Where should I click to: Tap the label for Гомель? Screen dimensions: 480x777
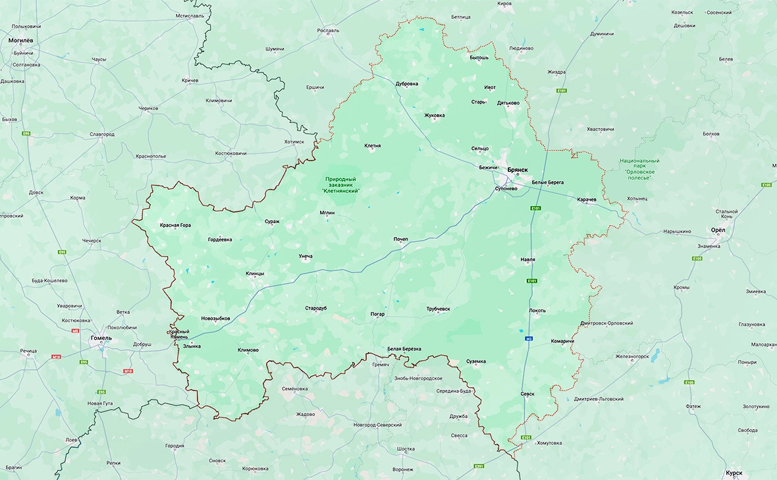[x=101, y=338]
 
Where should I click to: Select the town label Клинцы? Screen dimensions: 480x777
[x=255, y=273]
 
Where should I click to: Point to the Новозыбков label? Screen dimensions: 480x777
[x=216, y=318]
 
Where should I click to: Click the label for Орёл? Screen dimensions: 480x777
[x=718, y=230]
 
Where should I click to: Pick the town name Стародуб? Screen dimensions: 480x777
[x=316, y=308]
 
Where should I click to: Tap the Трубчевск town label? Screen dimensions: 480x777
[x=438, y=308]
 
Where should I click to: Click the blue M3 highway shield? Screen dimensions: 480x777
[x=528, y=339]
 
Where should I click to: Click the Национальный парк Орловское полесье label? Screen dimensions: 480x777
[x=639, y=169]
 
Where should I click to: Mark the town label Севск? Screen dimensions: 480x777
[x=527, y=394]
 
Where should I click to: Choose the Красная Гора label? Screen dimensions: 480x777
[x=175, y=225]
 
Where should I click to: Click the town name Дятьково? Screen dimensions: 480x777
[x=508, y=103]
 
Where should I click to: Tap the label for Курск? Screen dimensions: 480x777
[x=734, y=473]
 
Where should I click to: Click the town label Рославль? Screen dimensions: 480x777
[x=328, y=30]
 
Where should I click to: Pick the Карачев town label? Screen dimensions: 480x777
[x=587, y=199]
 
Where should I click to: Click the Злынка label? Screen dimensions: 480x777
[x=192, y=346]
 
